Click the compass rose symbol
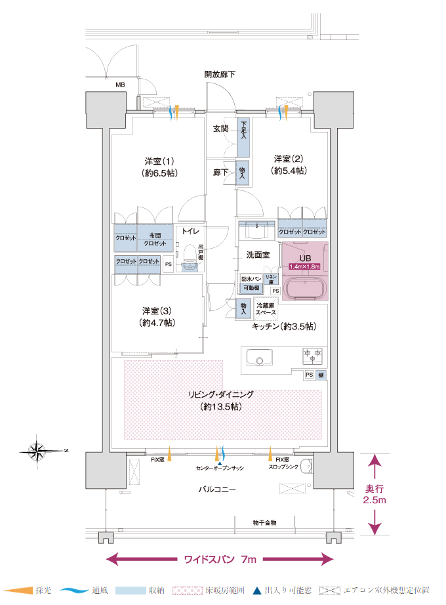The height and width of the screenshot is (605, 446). coord(39,450)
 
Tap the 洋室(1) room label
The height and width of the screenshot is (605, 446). coord(159,167)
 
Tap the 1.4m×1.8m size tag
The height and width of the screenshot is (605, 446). coord(304,267)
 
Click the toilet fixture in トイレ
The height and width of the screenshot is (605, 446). coord(191,257)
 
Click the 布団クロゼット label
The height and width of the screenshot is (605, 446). coord(155,239)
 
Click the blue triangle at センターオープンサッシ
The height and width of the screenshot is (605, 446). coord(220,463)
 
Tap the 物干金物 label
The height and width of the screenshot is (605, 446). coord(264,522)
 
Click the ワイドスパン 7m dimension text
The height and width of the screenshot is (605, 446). coord(220,560)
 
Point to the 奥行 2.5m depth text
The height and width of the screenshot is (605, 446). coord(375,494)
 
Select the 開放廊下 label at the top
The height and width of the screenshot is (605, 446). coord(220,75)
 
